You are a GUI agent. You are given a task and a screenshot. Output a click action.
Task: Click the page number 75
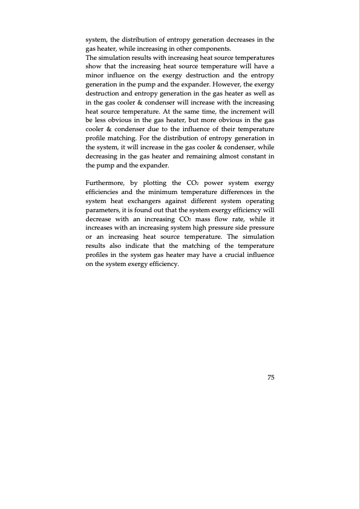tap(271, 377)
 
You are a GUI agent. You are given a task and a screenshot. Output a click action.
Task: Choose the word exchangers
tap(159, 201)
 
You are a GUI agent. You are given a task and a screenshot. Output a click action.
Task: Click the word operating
tap(257, 201)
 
